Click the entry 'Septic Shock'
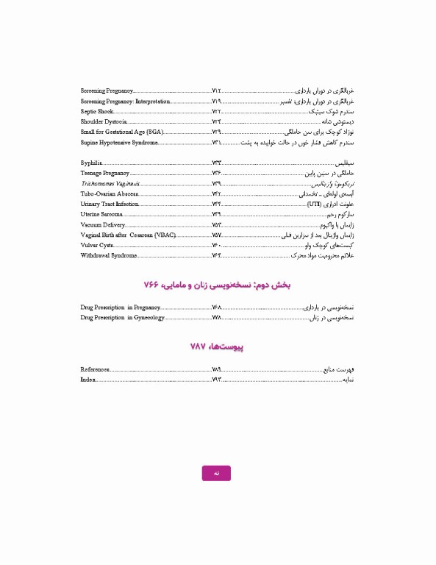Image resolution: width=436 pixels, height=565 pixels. [x=97, y=111]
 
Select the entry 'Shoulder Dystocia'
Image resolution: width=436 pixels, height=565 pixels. [x=104, y=121]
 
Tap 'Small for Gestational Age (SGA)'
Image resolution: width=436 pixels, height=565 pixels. [x=121, y=132]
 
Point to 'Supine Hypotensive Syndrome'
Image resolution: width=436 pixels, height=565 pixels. [x=118, y=142]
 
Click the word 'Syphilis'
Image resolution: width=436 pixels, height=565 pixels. [x=91, y=163]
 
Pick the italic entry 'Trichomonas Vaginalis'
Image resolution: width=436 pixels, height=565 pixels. [x=110, y=183]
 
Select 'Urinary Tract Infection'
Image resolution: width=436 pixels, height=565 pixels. [x=110, y=204]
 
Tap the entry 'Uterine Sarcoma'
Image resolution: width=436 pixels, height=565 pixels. [x=101, y=214]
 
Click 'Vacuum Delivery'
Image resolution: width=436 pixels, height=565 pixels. [x=103, y=224]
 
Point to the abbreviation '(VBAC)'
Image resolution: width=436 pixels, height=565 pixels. [x=165, y=235]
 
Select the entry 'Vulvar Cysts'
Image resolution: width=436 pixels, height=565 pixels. [x=97, y=245]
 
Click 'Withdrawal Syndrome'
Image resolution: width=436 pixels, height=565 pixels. [x=109, y=255]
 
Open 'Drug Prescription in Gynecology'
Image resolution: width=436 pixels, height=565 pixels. [x=122, y=317]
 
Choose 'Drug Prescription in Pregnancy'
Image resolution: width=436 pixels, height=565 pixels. [x=120, y=307]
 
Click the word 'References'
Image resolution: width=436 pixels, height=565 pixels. [x=96, y=369]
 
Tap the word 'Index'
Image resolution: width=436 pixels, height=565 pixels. [x=87, y=379]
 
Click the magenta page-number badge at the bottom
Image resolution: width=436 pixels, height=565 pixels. [x=216, y=474]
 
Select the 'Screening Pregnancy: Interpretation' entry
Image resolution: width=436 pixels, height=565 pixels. [x=125, y=101]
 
